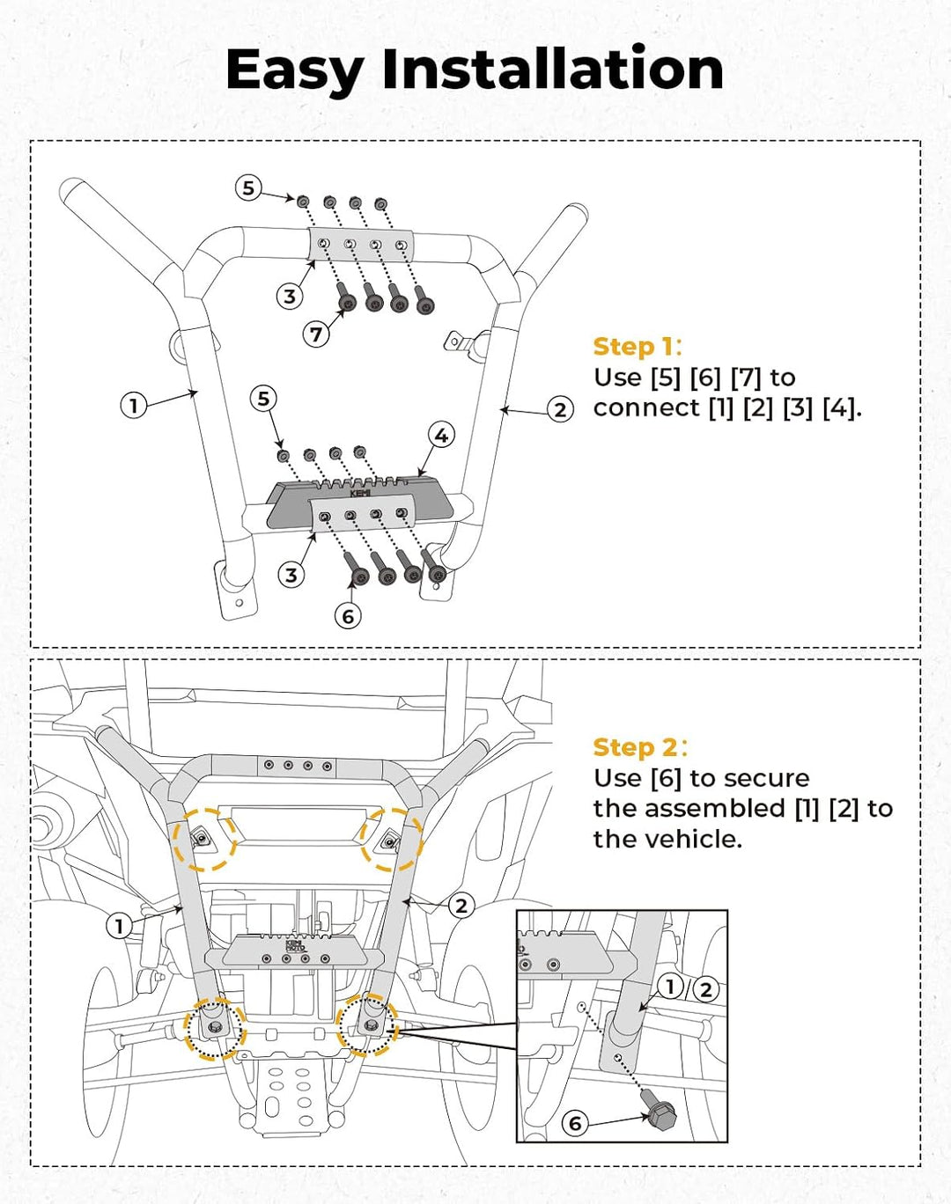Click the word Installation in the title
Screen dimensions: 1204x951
coord(552,70)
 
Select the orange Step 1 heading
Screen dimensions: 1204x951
coord(636,347)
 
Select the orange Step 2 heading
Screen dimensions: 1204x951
coord(637,747)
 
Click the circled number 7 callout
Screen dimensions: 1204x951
coord(317,334)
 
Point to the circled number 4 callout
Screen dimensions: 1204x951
coord(441,435)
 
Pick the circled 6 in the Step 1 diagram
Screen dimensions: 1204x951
coord(348,616)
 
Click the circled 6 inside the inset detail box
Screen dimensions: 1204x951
coord(575,1123)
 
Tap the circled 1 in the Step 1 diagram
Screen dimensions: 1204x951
coord(133,406)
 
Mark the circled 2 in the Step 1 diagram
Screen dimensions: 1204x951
coord(560,409)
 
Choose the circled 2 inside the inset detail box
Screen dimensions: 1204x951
coord(705,989)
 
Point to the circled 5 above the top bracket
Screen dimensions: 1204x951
coord(248,187)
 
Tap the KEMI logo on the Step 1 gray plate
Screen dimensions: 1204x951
coord(361,494)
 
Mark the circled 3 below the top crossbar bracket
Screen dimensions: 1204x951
coord(291,297)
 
